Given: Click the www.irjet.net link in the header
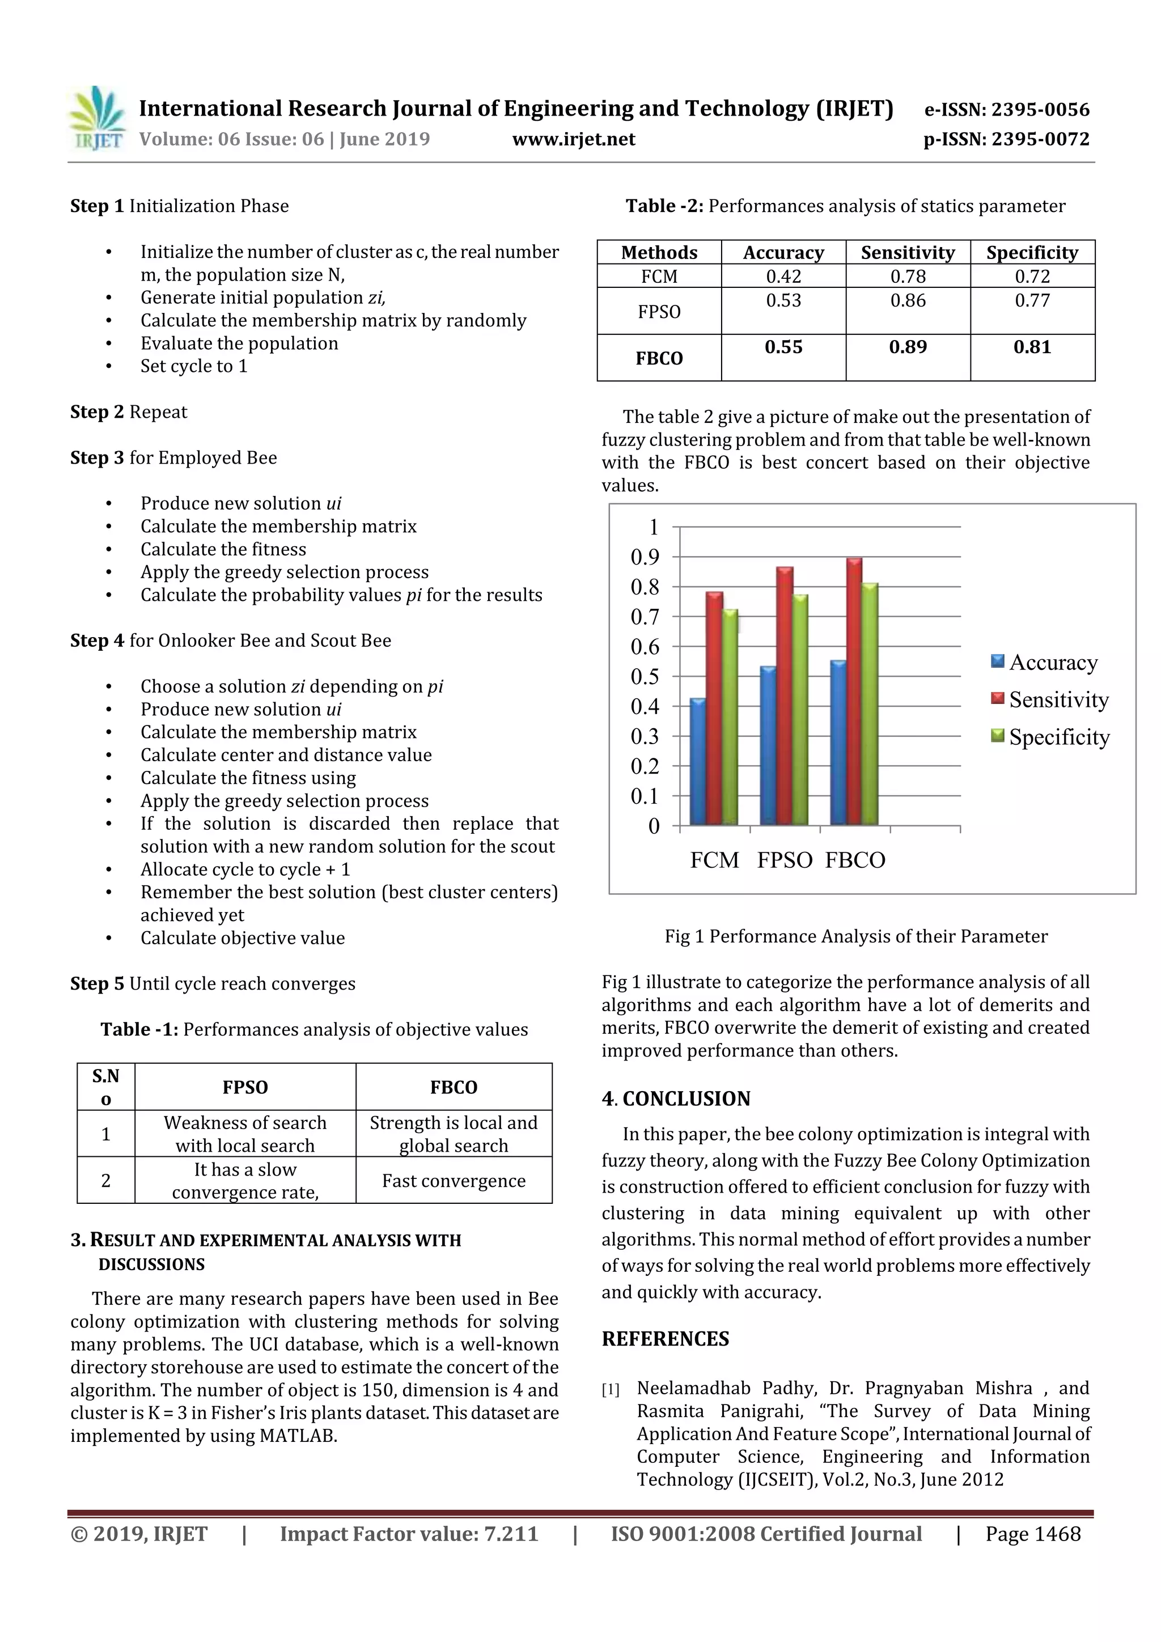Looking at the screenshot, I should pyautogui.click(x=574, y=139).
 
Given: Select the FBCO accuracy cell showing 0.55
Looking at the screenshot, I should pyautogui.click(x=783, y=347).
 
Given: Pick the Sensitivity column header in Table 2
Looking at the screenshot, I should pyautogui.click(x=907, y=252).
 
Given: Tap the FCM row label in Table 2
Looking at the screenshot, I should pyautogui.click(x=659, y=277).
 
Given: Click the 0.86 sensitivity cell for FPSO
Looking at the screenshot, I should pyautogui.click(x=907, y=301).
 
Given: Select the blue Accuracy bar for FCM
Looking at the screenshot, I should pyautogui.click(x=697, y=762).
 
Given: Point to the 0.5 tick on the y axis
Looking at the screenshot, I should pyautogui.click(x=645, y=677).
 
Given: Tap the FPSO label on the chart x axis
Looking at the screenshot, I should pyautogui.click(x=785, y=860).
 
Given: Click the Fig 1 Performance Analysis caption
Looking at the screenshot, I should pyautogui.click(x=855, y=936).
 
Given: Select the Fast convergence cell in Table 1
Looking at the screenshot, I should pyautogui.click(x=454, y=1181).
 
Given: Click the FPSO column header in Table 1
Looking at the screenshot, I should pyautogui.click(x=245, y=1087).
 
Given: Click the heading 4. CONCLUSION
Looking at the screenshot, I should pyautogui.click(x=675, y=1098).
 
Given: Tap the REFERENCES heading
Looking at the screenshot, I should pyautogui.click(x=666, y=1339).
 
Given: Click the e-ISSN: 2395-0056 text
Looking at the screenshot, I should pyautogui.click(x=1006, y=110).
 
